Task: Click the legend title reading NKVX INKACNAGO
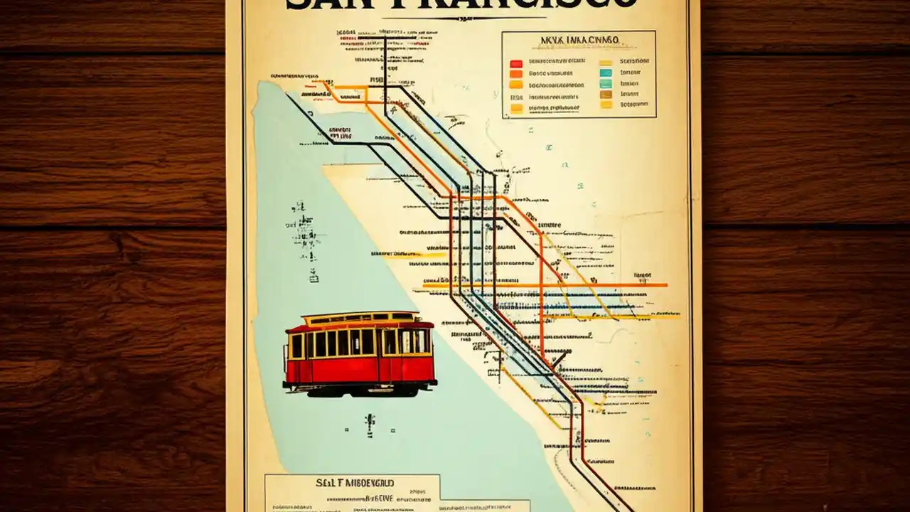pyautogui.click(x=579, y=41)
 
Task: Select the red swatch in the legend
pyautogui.click(x=516, y=63)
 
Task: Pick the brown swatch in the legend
pyautogui.click(x=606, y=94)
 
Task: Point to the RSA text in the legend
pyautogui.click(x=516, y=97)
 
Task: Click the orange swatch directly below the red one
pyautogui.click(x=516, y=73)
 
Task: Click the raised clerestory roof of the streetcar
pyautogui.click(x=359, y=317)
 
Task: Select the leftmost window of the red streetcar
pyautogui.click(x=297, y=346)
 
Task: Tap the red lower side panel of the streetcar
pyautogui.click(x=334, y=370)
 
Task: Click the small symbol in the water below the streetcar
pyautogui.click(x=370, y=424)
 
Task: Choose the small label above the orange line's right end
pyautogui.click(x=642, y=275)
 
